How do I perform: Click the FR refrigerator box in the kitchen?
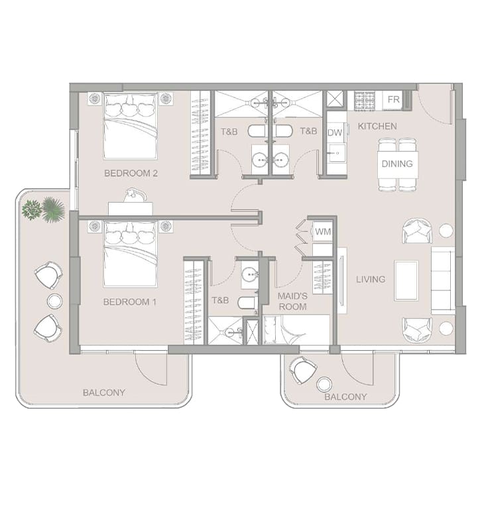tap(393, 99)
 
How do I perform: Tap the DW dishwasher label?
tap(335, 133)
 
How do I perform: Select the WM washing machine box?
tap(323, 231)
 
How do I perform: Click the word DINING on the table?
tap(397, 164)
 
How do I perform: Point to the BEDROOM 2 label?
tap(131, 173)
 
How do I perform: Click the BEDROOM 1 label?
tap(129, 302)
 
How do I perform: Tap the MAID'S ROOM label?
tap(292, 301)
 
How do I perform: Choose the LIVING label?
tap(371, 279)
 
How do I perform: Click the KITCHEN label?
tap(377, 126)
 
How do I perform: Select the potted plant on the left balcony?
tap(43, 210)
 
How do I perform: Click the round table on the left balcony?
tap(55, 301)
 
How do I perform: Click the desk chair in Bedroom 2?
tap(135, 196)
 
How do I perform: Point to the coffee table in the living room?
tap(406, 281)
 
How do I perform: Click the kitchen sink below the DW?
tap(336, 153)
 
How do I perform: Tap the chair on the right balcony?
tap(302, 369)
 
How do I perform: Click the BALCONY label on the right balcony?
tap(345, 397)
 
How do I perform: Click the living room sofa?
tap(443, 281)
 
